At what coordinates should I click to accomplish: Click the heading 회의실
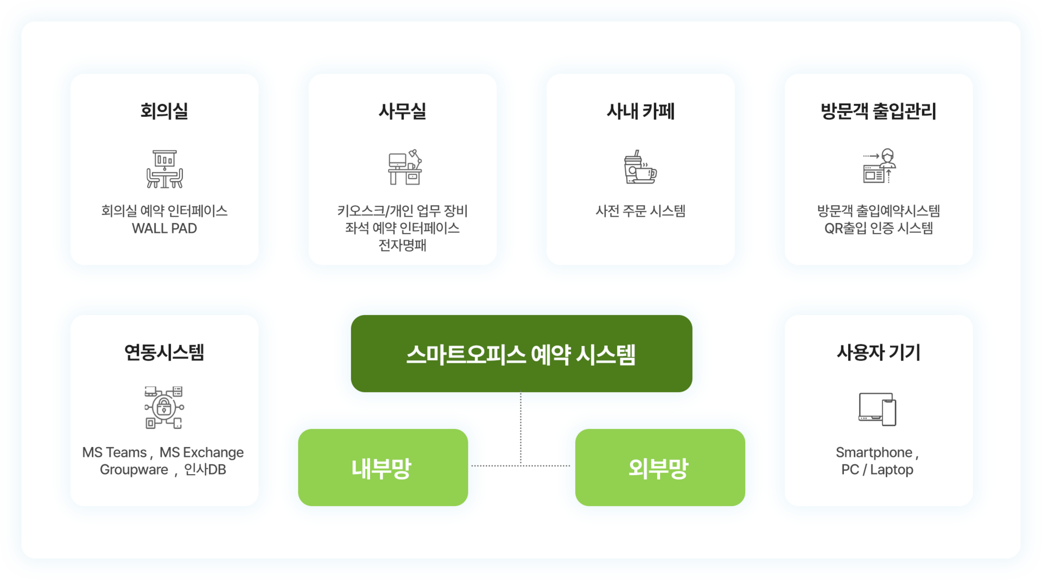pyautogui.click(x=164, y=111)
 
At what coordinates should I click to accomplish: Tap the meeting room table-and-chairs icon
pyautogui.click(x=164, y=169)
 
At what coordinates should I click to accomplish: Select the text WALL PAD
pyautogui.click(x=164, y=229)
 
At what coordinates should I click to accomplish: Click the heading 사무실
pyautogui.click(x=402, y=111)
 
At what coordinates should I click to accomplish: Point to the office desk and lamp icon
pyautogui.click(x=405, y=167)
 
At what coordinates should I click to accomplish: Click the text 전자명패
pyautogui.click(x=402, y=245)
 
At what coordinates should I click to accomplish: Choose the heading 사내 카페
pyautogui.click(x=640, y=111)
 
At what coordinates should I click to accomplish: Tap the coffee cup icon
pyautogui.click(x=640, y=167)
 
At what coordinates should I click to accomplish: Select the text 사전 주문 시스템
pyautogui.click(x=640, y=211)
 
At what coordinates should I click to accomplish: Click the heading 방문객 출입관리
pyautogui.click(x=878, y=111)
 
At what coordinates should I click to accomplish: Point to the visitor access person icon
pyautogui.click(x=880, y=166)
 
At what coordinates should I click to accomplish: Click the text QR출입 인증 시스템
pyautogui.click(x=878, y=229)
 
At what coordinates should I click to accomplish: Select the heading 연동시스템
pyautogui.click(x=164, y=352)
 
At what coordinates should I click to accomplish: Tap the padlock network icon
pyautogui.click(x=164, y=407)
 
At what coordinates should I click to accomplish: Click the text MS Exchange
pyautogui.click(x=201, y=452)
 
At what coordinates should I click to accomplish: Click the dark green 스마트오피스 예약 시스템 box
pyautogui.click(x=521, y=354)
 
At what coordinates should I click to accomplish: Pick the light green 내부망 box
pyautogui.click(x=383, y=468)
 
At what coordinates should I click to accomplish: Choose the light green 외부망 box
pyautogui.click(x=660, y=468)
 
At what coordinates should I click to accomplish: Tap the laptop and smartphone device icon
pyautogui.click(x=878, y=409)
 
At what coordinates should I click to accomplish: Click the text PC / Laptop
pyautogui.click(x=877, y=470)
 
